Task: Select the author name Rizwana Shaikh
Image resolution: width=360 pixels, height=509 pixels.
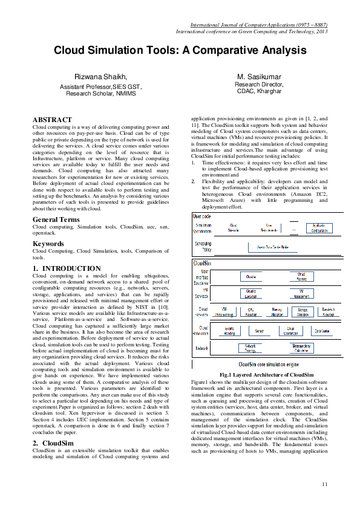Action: (100, 77)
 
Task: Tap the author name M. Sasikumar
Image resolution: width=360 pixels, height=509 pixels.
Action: (258, 77)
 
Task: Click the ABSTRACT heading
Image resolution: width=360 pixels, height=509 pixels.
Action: (52, 120)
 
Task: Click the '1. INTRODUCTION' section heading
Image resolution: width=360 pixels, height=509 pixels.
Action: (67, 268)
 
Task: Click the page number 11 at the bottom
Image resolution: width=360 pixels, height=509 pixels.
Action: (324, 483)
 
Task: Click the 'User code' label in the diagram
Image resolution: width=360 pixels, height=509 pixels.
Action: (201, 215)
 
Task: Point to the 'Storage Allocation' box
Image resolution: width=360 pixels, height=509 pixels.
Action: (303, 312)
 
